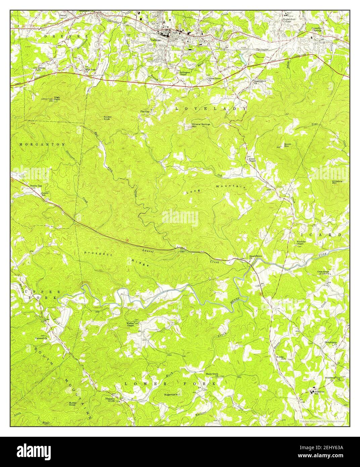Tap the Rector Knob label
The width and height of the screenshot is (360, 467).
[x=107, y=118]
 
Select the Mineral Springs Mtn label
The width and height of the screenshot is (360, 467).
[x=201, y=125]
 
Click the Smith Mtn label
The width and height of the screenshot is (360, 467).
[x=288, y=145]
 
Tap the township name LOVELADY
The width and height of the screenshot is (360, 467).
[x=211, y=109]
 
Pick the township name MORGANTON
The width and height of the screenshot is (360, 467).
[x=42, y=144]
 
